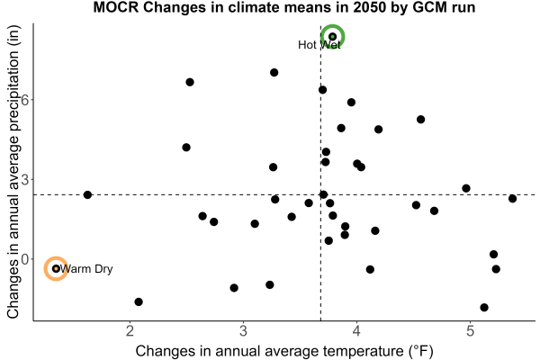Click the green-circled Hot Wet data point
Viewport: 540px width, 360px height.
click(x=332, y=37)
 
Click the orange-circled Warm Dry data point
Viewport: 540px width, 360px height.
click(x=56, y=269)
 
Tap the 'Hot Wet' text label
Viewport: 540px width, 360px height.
click(x=319, y=45)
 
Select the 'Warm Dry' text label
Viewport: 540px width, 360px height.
click(x=86, y=269)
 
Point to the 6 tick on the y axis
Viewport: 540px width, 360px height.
click(x=26, y=100)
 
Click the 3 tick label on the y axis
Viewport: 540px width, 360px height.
click(x=26, y=179)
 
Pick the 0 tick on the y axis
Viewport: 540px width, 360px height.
click(x=26, y=259)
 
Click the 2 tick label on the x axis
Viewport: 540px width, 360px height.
click(x=130, y=331)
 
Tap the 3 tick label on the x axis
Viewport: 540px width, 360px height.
click(x=244, y=331)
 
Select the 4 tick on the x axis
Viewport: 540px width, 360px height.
click(x=356, y=331)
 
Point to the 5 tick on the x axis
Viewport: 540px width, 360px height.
click(x=470, y=331)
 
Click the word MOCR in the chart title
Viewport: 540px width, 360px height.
click(x=116, y=7)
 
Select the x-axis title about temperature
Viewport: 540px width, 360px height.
click(x=284, y=351)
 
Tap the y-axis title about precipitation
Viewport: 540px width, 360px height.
click(x=13, y=172)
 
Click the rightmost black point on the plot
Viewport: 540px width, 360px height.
click(x=512, y=198)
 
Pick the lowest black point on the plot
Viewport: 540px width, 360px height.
click(x=484, y=307)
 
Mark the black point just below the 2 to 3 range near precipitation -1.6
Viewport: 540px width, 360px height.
click(x=139, y=301)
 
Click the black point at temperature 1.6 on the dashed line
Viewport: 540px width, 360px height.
click(x=87, y=195)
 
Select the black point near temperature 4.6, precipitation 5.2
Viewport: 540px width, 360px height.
click(x=420, y=120)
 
